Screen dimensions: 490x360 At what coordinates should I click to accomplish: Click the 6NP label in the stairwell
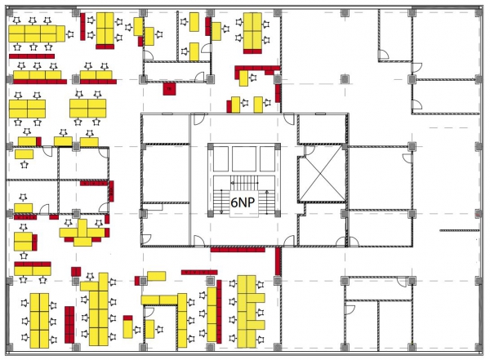point(243,202)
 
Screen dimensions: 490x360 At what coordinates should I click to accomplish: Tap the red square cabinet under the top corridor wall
point(169,89)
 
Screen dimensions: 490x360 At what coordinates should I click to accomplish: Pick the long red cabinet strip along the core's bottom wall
point(238,250)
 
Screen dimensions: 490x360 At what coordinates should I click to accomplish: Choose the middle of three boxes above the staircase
point(244,158)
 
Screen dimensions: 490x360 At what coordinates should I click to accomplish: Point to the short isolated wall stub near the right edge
point(459,231)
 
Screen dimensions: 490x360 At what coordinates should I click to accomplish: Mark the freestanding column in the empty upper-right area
point(345,79)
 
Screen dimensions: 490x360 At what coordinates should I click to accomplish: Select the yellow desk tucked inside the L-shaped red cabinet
point(243,78)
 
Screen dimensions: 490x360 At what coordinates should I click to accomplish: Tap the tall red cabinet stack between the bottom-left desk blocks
point(69,325)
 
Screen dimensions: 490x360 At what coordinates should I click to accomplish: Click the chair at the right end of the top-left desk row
point(70,34)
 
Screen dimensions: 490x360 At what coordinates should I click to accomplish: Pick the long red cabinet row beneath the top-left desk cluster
point(32,56)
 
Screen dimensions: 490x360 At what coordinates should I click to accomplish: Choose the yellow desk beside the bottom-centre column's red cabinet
point(156,276)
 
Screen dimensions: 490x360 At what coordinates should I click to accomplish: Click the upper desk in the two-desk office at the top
point(194,22)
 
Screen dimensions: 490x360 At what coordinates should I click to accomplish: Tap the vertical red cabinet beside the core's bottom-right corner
point(278,261)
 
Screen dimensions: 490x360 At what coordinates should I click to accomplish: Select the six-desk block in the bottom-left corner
point(39,321)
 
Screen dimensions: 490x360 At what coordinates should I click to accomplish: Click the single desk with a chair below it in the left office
point(24,154)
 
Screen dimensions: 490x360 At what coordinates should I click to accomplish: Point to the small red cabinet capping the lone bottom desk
point(127,318)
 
